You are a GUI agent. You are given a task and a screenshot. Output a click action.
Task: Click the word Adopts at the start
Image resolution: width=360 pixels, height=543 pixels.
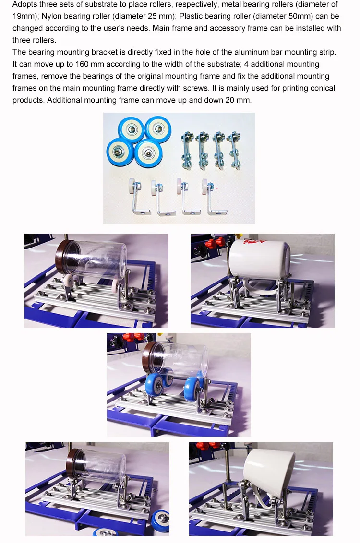click(x=24, y=4)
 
